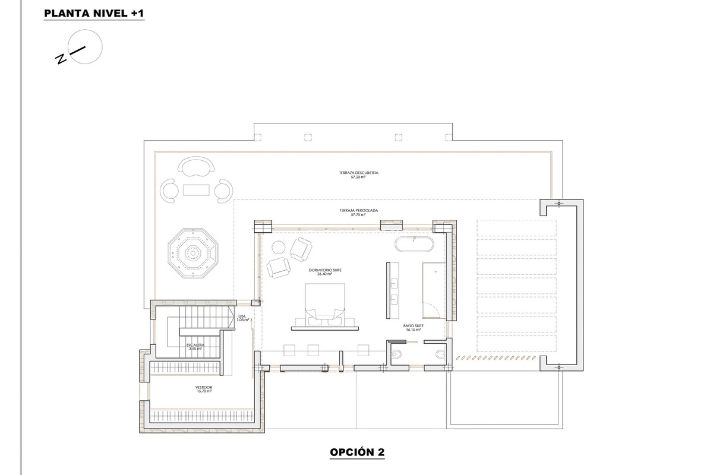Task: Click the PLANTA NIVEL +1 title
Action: point(94,13)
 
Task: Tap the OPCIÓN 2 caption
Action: point(357,452)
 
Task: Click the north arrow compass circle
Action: point(85,47)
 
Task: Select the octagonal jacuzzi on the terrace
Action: point(193,253)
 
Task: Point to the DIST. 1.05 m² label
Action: point(242,318)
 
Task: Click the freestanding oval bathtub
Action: point(414,245)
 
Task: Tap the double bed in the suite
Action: point(325,302)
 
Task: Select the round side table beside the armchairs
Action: point(279,247)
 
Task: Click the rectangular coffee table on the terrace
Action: point(196,190)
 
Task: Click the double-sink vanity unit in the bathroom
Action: point(393,290)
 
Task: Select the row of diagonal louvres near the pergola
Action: point(496,358)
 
